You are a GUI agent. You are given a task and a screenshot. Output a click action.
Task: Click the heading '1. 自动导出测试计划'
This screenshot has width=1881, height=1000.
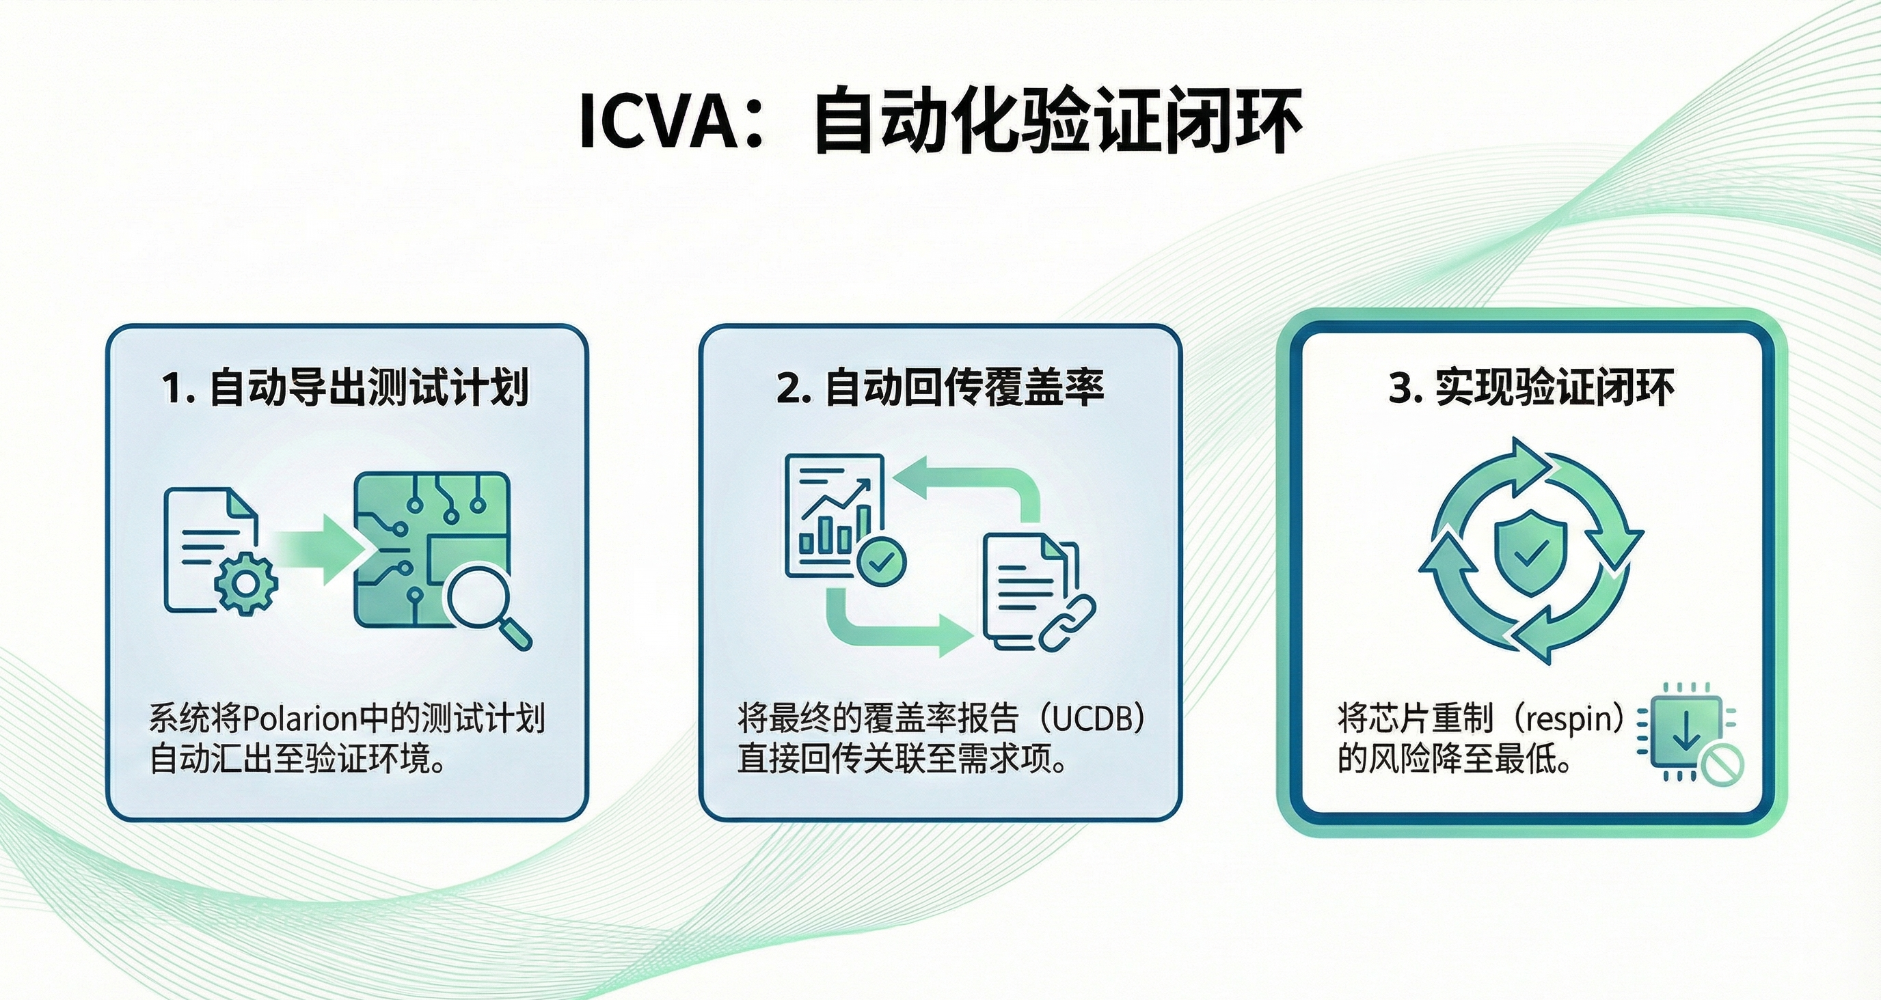point(344,387)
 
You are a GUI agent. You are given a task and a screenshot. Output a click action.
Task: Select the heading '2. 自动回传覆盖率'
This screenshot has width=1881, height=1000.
point(940,387)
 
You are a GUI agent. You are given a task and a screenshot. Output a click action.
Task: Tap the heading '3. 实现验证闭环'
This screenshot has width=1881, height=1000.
point(1531,387)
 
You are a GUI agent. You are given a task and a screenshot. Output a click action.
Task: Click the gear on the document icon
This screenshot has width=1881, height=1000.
point(247,584)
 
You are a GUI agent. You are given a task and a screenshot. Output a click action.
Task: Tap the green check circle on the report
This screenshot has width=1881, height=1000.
point(881,561)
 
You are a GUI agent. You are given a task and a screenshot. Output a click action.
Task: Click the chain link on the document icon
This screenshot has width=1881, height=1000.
point(1068,623)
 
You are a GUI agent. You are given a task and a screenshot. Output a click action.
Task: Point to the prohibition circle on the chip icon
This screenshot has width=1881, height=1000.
point(1722,765)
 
